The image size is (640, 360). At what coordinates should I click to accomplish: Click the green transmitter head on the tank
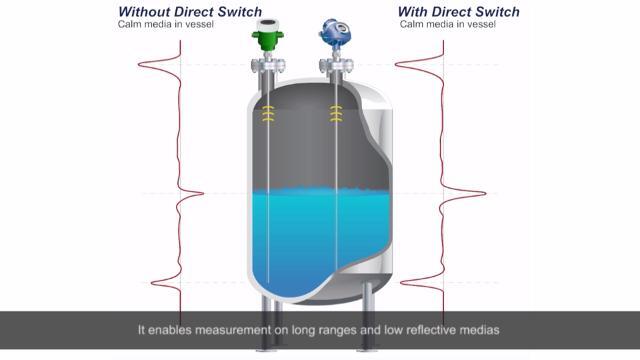266,37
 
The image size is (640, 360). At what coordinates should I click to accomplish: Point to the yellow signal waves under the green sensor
268,115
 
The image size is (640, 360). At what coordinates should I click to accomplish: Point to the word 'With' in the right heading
414,11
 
